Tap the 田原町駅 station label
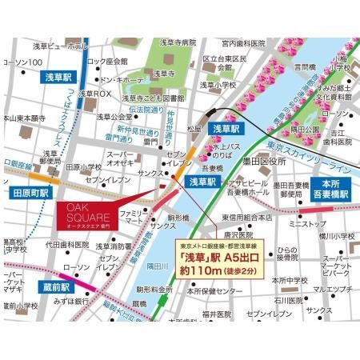[30, 194]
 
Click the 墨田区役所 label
[249, 162]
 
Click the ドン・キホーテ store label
[121, 81]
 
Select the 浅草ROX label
[98, 94]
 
